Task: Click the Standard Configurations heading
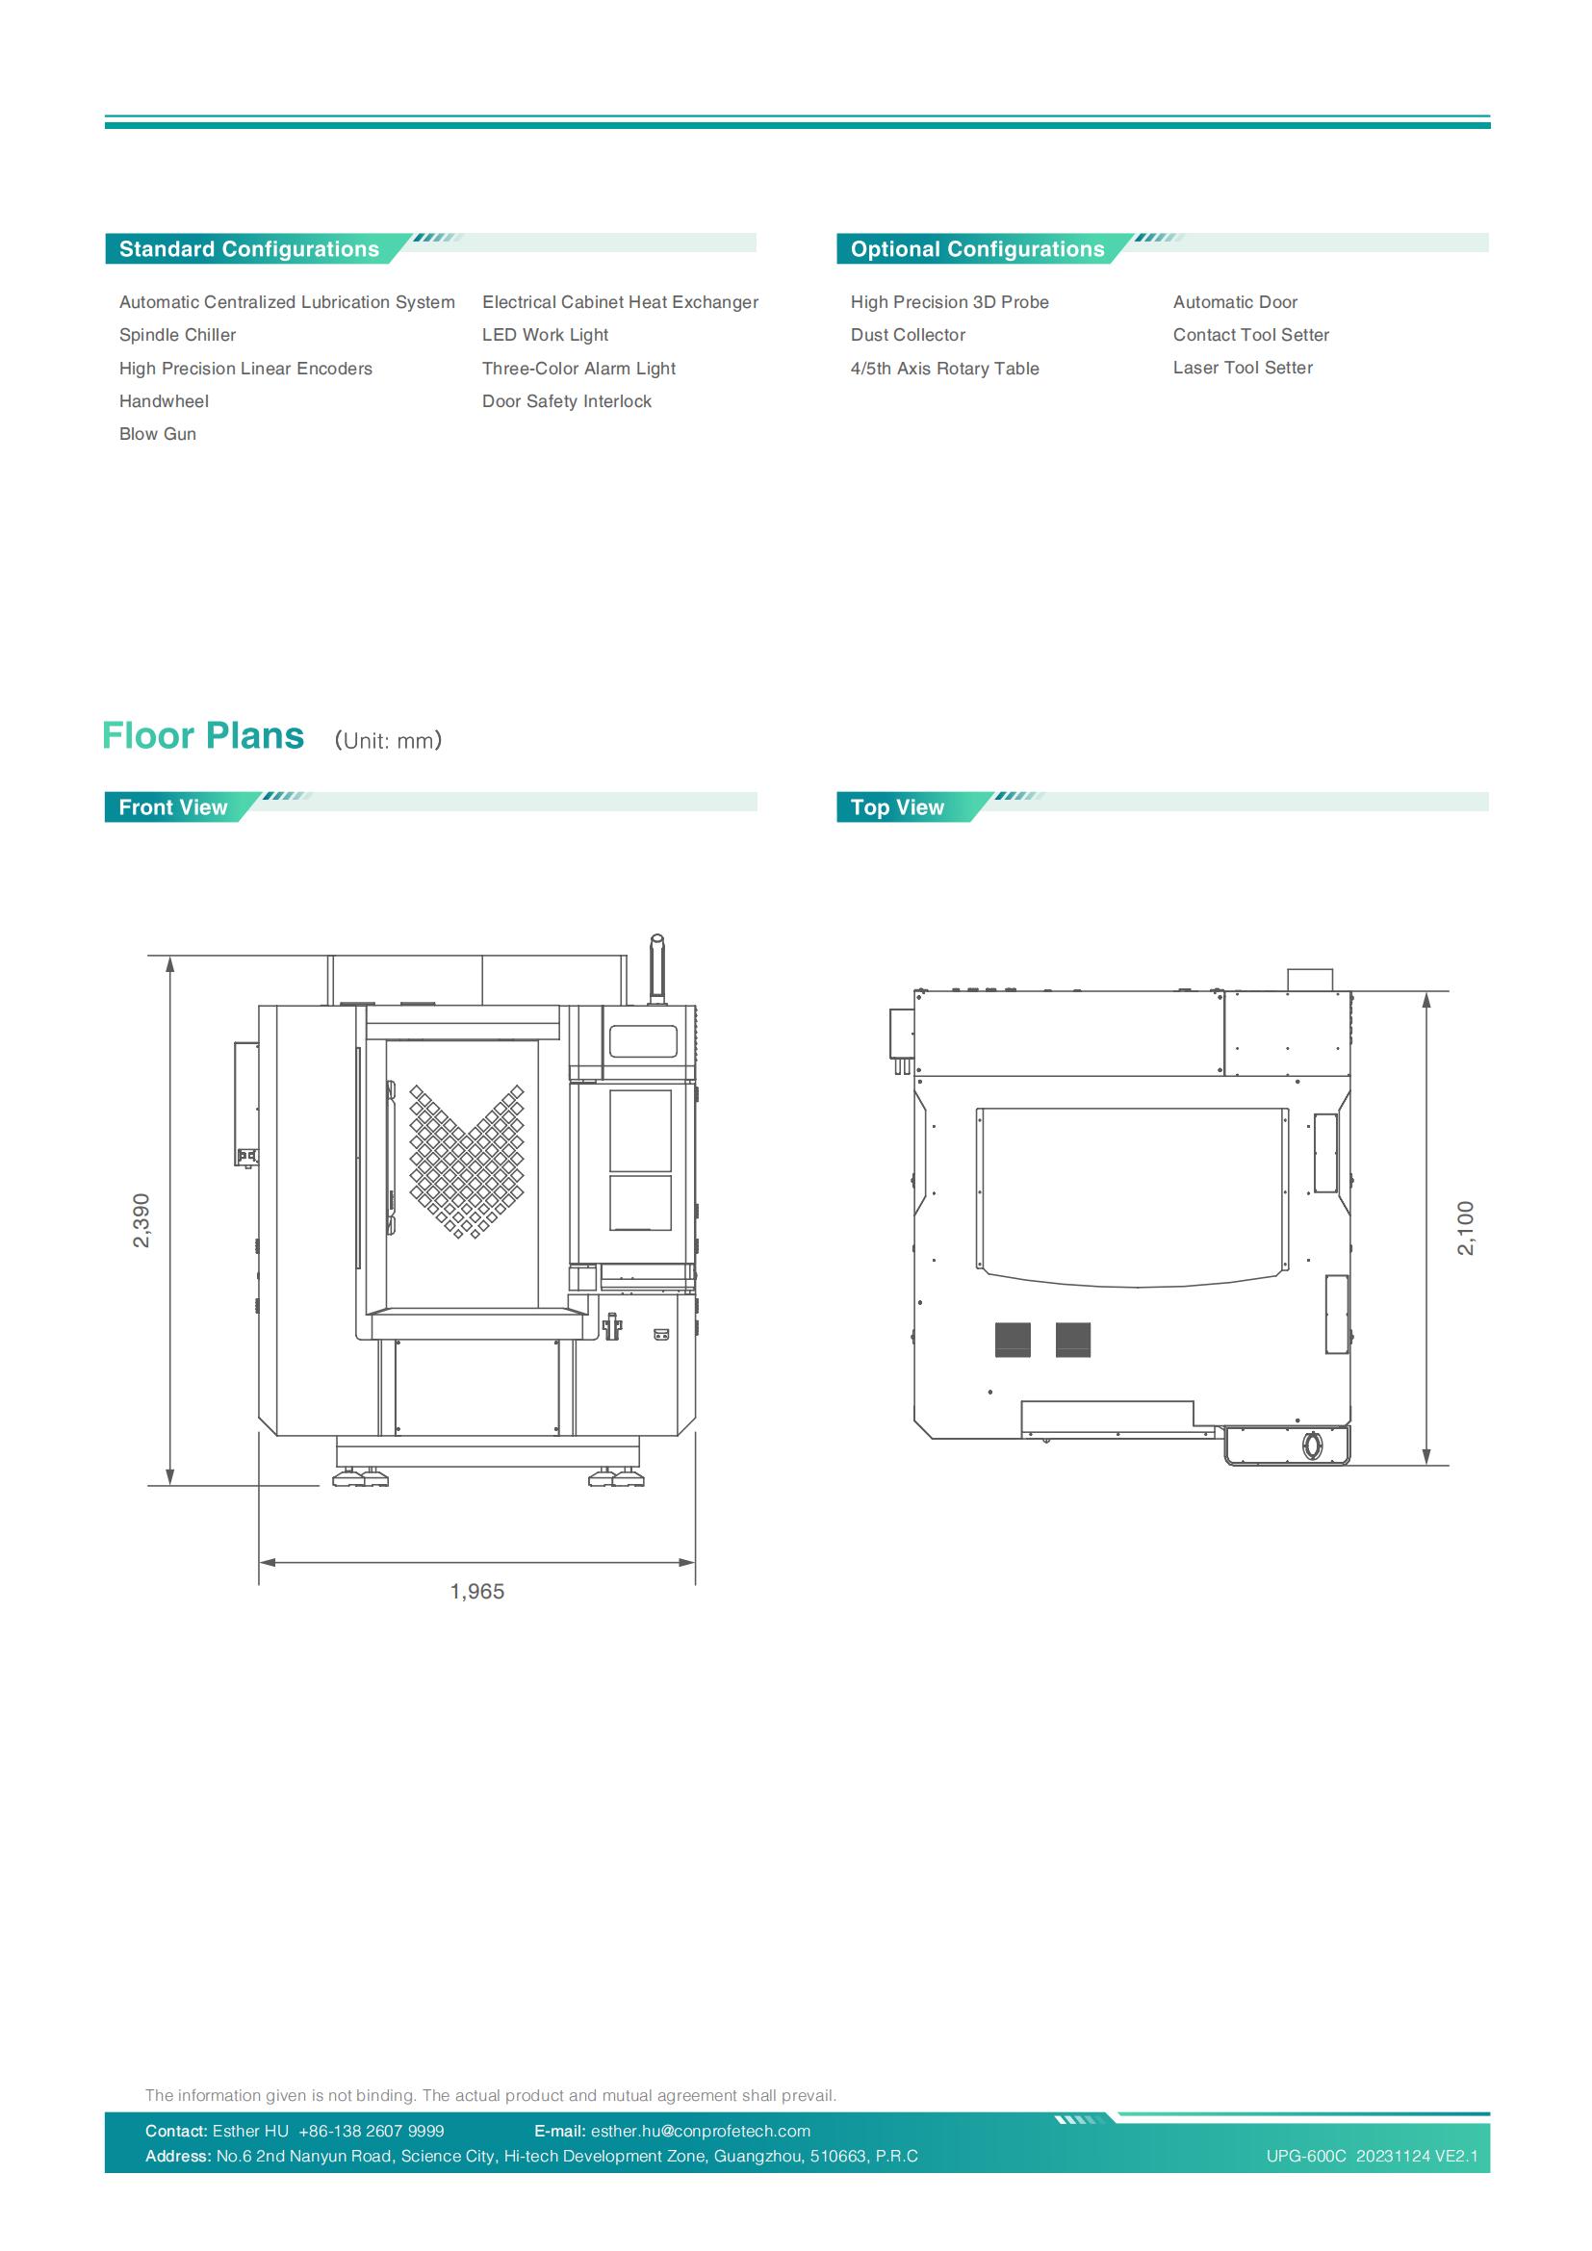249,249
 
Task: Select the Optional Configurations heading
977,249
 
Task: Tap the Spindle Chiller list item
177,335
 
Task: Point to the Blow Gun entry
158,434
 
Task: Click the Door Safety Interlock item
567,401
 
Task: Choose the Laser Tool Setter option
1243,368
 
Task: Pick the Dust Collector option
908,335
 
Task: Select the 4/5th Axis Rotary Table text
945,369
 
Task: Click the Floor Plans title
203,736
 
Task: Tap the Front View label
172,807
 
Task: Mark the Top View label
897,807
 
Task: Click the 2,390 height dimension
142,1220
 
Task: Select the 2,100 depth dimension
1467,1227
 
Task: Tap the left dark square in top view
1013,1340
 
